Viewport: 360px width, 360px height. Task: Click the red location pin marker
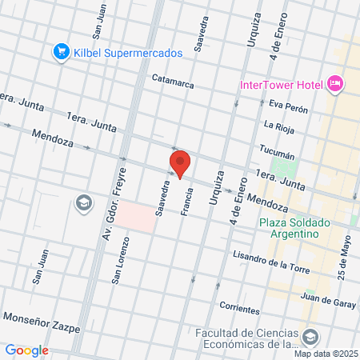[180, 162]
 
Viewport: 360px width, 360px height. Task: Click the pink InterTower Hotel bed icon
[335, 83]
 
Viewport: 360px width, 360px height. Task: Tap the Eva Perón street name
[289, 105]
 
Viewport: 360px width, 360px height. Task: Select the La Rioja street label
[280, 125]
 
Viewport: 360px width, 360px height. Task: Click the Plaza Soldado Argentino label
[289, 228]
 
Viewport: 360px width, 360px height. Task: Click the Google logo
[26, 350]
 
